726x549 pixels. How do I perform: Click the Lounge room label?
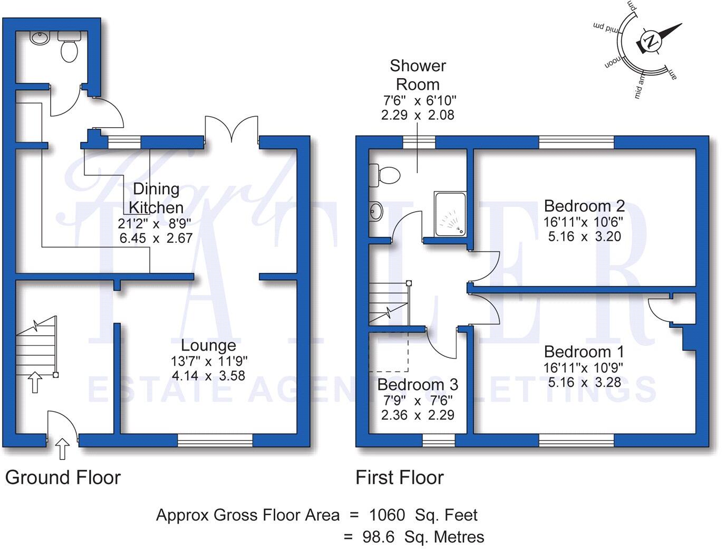[208, 345]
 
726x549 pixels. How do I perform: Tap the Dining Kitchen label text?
[156, 198]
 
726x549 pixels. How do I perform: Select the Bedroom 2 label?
[584, 206]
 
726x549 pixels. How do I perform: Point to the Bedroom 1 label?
[584, 352]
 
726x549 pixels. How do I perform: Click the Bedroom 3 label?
[418, 384]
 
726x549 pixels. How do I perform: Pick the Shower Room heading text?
[418, 75]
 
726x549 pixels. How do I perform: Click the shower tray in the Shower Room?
[450, 214]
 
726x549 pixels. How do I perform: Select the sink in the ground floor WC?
[40, 38]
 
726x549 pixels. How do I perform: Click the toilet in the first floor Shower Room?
[385, 175]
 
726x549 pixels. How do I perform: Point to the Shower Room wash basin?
[376, 210]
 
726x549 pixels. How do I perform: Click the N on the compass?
[651, 42]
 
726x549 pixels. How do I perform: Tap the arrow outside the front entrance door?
[62, 449]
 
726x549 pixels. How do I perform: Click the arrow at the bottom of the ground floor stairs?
[35, 382]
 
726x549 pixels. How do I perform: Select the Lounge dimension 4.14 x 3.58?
[208, 375]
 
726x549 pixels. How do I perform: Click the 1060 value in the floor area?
[387, 515]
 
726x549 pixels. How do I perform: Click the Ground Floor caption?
[63, 478]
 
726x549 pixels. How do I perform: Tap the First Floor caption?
[400, 478]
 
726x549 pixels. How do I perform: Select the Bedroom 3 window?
[439, 440]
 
